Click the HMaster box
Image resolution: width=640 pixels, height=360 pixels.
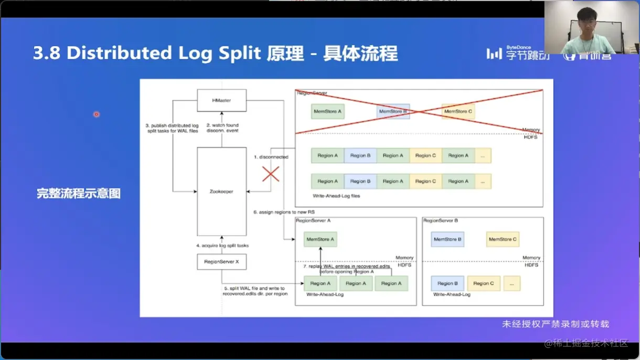tap(221, 100)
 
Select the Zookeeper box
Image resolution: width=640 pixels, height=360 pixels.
tap(221, 192)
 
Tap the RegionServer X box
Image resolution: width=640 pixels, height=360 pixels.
tap(221, 261)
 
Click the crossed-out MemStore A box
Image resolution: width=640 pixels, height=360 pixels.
tap(328, 112)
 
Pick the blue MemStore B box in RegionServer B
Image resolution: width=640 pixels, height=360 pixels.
tap(447, 239)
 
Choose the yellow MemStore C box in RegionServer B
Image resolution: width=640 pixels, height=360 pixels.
tap(503, 239)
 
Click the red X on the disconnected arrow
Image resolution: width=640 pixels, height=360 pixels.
tap(271, 174)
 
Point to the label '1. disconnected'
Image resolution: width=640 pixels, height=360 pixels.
tap(271, 157)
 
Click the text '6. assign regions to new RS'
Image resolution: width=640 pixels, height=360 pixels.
tap(284, 212)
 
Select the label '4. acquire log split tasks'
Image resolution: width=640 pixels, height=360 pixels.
tap(222, 246)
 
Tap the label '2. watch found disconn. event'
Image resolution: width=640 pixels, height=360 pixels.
tap(222, 128)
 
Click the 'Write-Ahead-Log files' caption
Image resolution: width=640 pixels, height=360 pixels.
tap(336, 196)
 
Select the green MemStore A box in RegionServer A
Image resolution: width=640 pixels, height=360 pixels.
tap(320, 239)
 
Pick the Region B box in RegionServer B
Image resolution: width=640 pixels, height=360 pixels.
tap(447, 283)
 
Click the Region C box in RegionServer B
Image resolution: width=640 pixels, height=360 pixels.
tap(484, 283)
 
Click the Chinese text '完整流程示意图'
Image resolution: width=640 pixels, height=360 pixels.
tap(79, 193)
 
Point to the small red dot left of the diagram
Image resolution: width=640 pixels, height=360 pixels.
tap(97, 114)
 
